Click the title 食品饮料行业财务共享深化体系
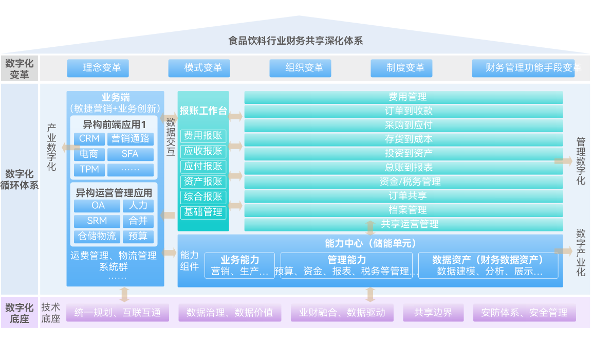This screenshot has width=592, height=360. pyautogui.click(x=295, y=41)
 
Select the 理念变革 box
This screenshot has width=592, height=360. pyautogui.click(x=98, y=68)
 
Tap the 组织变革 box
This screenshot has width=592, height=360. pyautogui.click(x=300, y=68)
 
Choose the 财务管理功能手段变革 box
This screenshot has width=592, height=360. pyautogui.click(x=523, y=68)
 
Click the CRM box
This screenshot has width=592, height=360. pyautogui.click(x=89, y=139)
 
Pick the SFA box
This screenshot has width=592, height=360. pyautogui.click(x=131, y=154)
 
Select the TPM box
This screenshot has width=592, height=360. pyautogui.click(x=89, y=170)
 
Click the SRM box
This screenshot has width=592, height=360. pyautogui.click(x=97, y=221)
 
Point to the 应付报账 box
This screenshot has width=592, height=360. pyautogui.click(x=203, y=166)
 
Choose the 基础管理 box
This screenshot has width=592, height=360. pyautogui.click(x=203, y=212)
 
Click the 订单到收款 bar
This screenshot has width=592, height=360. pyautogui.click(x=403, y=111)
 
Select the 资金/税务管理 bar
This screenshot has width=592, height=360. pyautogui.click(x=403, y=182)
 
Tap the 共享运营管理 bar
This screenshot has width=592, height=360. pyautogui.click(x=403, y=224)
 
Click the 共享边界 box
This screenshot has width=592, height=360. pyautogui.click(x=433, y=313)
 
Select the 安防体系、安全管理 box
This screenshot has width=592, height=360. pyautogui.click(x=524, y=313)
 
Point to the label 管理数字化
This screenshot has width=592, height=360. pyautogui.click(x=581, y=161)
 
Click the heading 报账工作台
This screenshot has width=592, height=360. pyautogui.click(x=203, y=111)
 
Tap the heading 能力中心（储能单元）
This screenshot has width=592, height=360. pyautogui.click(x=370, y=243)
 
